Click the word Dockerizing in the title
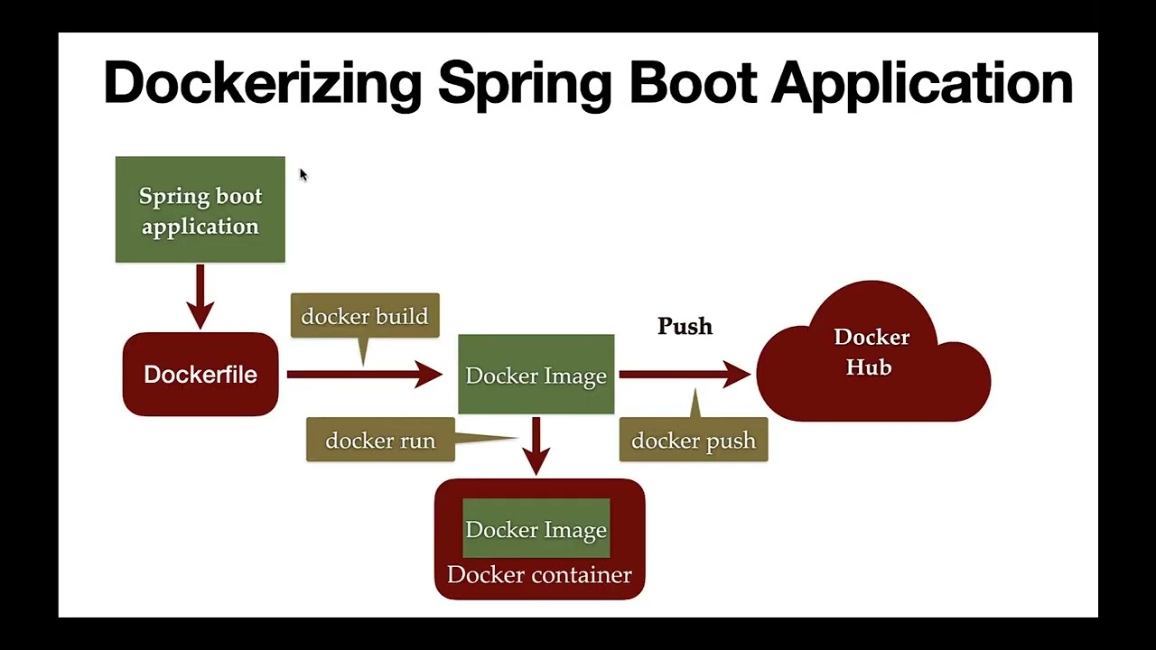pos(262,83)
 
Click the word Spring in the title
pos(525,83)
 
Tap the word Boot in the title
pos(693,83)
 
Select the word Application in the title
pos(922,83)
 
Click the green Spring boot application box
pos(200,210)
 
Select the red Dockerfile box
pos(200,375)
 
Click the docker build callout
pos(365,316)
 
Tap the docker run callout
pos(380,441)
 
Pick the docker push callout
pos(694,441)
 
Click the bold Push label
pos(685,326)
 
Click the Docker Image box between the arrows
pos(536,376)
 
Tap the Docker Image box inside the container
pos(536,530)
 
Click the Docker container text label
pos(539,575)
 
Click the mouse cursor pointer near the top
pos(303,174)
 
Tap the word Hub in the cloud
pos(869,367)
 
